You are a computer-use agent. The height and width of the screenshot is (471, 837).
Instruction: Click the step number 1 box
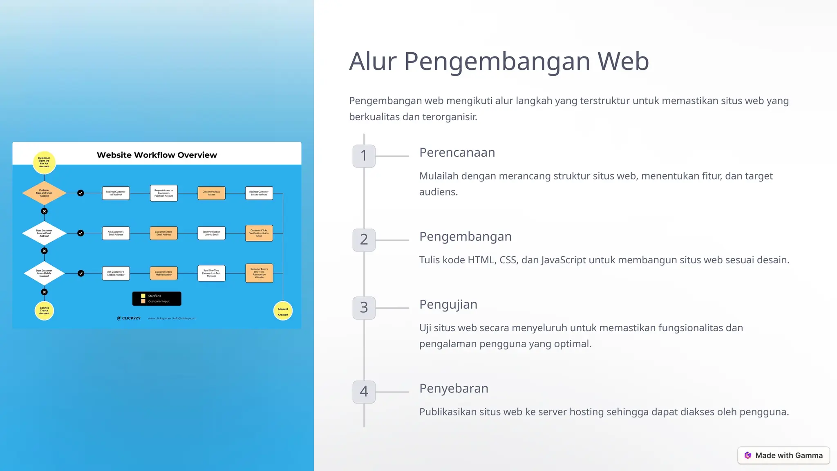pos(364,156)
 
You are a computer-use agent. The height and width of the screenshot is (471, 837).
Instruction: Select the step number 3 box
pos(364,307)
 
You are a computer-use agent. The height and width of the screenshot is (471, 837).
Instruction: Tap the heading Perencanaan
pos(457,153)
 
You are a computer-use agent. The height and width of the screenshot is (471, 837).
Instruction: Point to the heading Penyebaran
pos(454,388)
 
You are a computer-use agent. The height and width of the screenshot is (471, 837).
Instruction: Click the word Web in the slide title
pos(623,61)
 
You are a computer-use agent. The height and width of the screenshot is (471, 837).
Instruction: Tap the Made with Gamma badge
pos(783,455)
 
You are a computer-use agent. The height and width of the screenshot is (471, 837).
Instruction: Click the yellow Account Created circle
pos(283,311)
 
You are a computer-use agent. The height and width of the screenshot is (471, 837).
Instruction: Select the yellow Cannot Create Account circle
pos(44,311)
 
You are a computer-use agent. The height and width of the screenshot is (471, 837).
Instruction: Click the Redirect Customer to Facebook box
pos(116,193)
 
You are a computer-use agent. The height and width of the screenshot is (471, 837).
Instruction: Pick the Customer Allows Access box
pos(211,193)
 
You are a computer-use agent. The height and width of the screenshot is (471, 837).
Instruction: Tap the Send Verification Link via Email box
pos(211,233)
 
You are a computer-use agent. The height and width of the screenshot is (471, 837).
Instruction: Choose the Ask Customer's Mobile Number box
pos(116,273)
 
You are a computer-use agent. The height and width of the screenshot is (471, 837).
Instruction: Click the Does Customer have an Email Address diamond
pos(44,233)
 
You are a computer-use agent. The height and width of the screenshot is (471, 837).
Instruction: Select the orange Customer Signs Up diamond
pos(44,193)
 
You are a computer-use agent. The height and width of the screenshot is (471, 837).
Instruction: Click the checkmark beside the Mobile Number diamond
pos(81,273)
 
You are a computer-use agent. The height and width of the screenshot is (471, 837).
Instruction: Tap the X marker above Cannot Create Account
pos(44,292)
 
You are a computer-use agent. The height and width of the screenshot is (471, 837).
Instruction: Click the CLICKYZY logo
pos(129,318)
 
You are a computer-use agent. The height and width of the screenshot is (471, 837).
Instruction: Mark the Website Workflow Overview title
pos(157,155)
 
